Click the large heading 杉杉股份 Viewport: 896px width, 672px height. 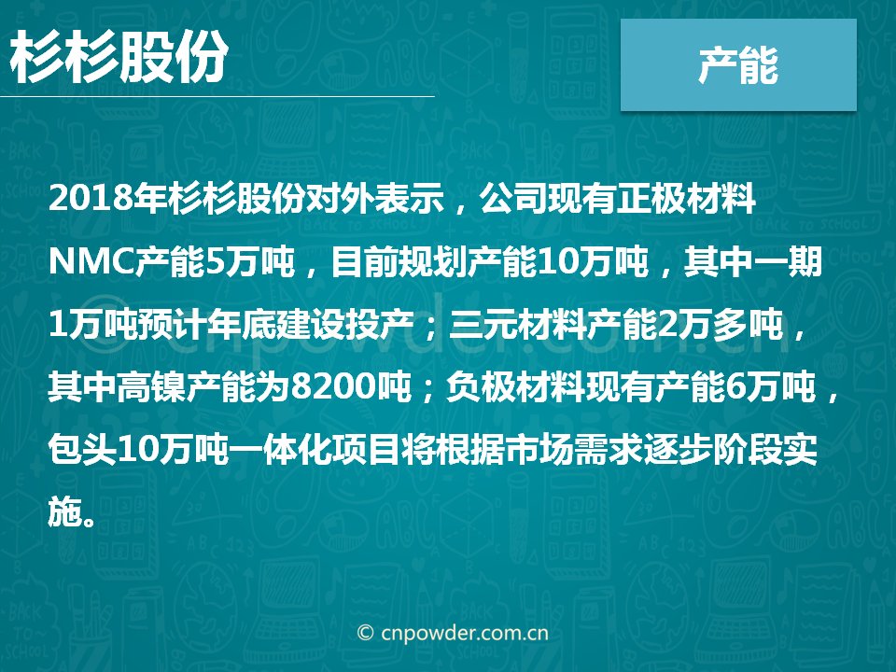tap(119, 57)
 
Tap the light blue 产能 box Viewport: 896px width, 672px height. tap(738, 64)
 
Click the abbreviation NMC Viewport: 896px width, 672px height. tap(91, 261)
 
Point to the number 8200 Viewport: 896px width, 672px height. tap(332, 386)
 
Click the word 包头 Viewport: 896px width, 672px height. tap(82, 450)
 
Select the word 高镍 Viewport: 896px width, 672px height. tap(151, 386)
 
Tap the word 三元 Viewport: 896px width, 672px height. tap(483, 324)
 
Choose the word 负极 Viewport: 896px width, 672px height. tap(480, 386)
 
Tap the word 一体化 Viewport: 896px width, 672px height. tap(281, 450)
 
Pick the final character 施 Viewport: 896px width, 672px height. tap(64, 511)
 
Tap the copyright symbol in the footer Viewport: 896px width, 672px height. tap(365, 633)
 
